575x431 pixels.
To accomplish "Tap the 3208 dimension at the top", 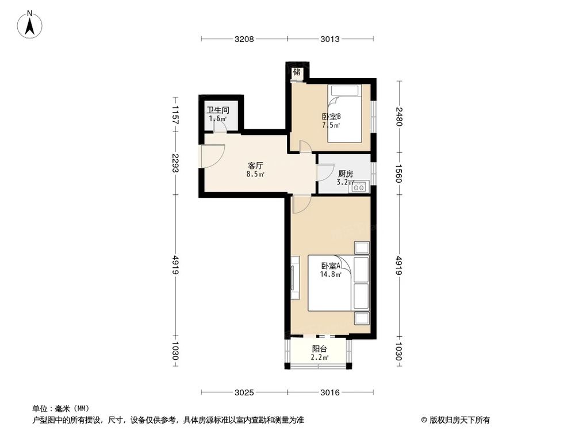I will pyautogui.click(x=244, y=39).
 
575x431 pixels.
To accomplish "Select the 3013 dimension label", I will pyautogui.click(x=330, y=39).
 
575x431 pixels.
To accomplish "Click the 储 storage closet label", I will pyautogui.click(x=297, y=72).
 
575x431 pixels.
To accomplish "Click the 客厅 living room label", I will pyautogui.click(x=256, y=164).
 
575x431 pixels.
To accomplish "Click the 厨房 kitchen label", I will pyautogui.click(x=345, y=174).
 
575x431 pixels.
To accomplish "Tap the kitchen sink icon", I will pyautogui.click(x=361, y=186).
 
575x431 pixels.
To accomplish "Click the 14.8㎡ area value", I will pyautogui.click(x=331, y=274).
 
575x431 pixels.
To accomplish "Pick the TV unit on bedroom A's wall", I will pyautogui.click(x=294, y=278).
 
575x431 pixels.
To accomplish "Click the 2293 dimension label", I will pyautogui.click(x=176, y=163).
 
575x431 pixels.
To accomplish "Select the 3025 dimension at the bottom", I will pyautogui.click(x=244, y=392).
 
